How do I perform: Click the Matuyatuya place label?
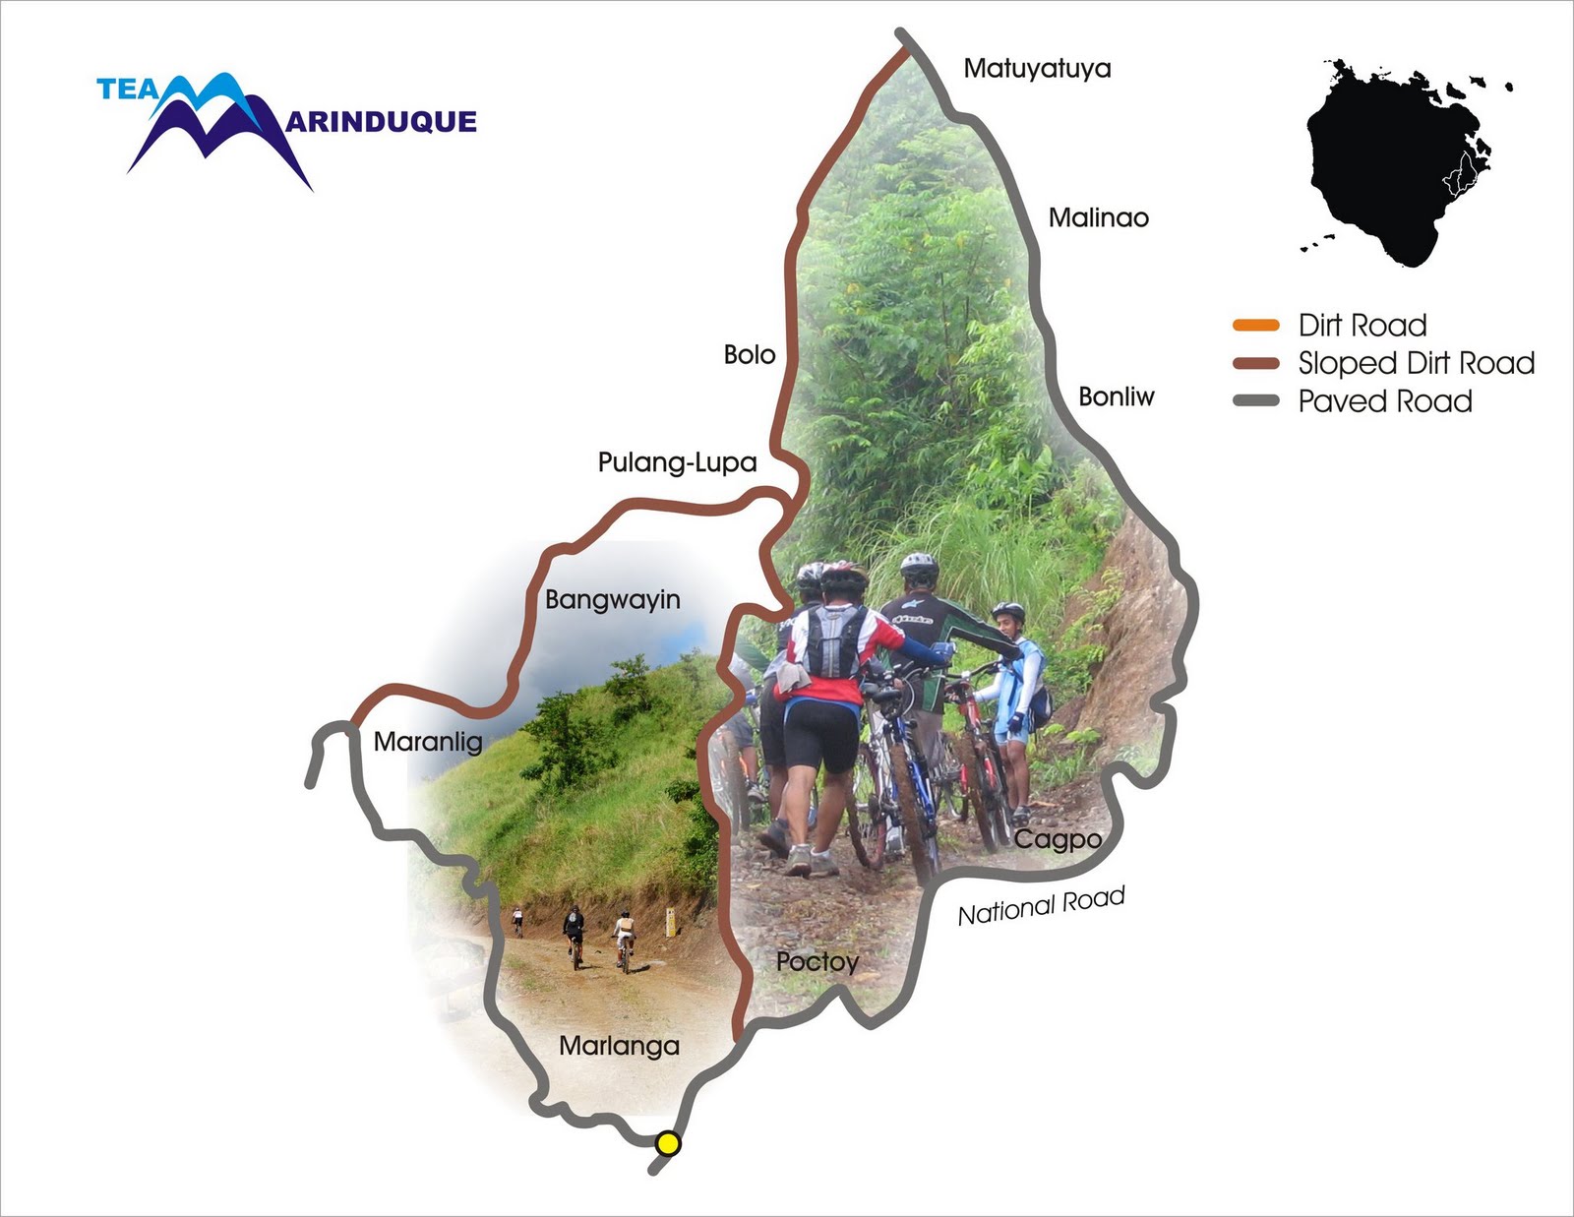1037,68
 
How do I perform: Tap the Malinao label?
1098,217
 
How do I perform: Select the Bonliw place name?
1116,396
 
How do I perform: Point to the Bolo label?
749,354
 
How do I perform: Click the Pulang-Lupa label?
677,462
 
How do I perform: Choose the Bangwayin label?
612,599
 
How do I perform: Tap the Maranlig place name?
428,741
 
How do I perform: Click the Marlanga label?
619,1045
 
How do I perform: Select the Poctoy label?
817,961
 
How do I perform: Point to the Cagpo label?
1058,839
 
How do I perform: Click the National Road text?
1041,906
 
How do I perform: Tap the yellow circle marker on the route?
668,1143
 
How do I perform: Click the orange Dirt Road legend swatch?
1255,326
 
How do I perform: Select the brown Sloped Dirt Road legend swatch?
1255,363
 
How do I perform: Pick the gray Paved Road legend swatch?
1255,400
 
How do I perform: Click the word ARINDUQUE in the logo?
382,122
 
